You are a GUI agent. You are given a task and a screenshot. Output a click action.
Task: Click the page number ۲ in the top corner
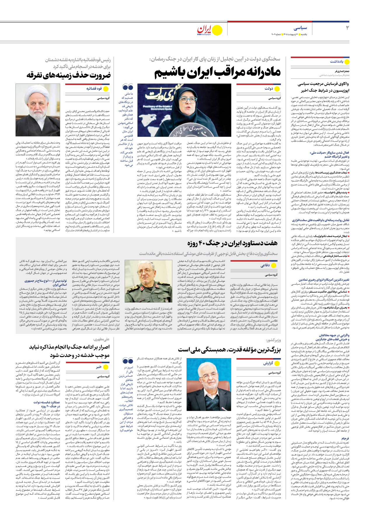(347, 28)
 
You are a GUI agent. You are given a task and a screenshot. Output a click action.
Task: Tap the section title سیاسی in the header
(300, 28)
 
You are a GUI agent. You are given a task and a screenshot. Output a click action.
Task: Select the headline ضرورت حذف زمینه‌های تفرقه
(69, 75)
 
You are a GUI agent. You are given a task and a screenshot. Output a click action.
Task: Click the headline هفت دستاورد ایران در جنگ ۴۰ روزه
(232, 243)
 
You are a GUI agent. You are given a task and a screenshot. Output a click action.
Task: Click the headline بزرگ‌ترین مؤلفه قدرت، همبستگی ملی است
(229, 350)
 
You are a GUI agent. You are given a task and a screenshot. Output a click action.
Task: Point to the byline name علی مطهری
(101, 339)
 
